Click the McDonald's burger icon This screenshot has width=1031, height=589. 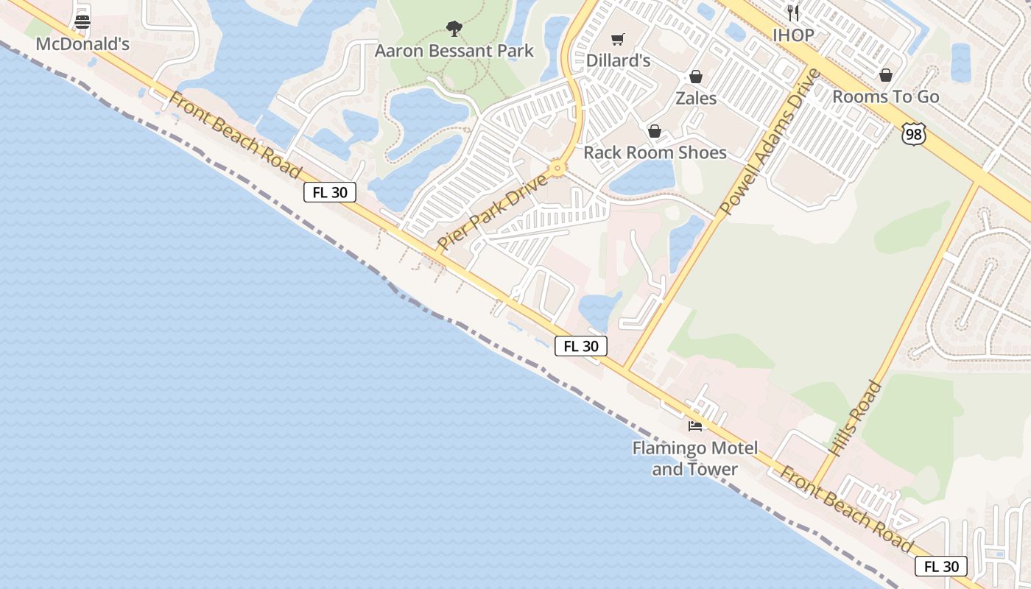[x=82, y=21]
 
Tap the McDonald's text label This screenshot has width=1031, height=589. [x=82, y=44]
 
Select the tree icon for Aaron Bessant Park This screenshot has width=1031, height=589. [x=454, y=29]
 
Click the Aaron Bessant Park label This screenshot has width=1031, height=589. [x=454, y=51]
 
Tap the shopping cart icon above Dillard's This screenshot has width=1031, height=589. [x=618, y=39]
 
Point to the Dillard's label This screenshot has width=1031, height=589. [x=618, y=60]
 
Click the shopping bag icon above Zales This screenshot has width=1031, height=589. [x=696, y=77]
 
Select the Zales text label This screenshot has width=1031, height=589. [x=696, y=98]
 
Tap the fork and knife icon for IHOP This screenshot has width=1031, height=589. [x=793, y=13]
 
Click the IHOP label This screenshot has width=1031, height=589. [x=793, y=35]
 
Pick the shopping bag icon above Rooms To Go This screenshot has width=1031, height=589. [x=886, y=75]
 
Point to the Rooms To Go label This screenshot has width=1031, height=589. [x=886, y=96]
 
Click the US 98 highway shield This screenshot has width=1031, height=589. [x=913, y=133]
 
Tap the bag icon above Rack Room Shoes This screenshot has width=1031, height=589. [x=655, y=131]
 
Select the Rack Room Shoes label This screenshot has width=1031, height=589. [x=655, y=152]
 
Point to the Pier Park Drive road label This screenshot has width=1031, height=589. [x=493, y=212]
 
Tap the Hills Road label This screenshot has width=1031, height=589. [x=855, y=417]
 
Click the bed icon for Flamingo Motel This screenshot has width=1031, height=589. [x=694, y=426]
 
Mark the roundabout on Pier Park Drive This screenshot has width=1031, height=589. [x=557, y=169]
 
